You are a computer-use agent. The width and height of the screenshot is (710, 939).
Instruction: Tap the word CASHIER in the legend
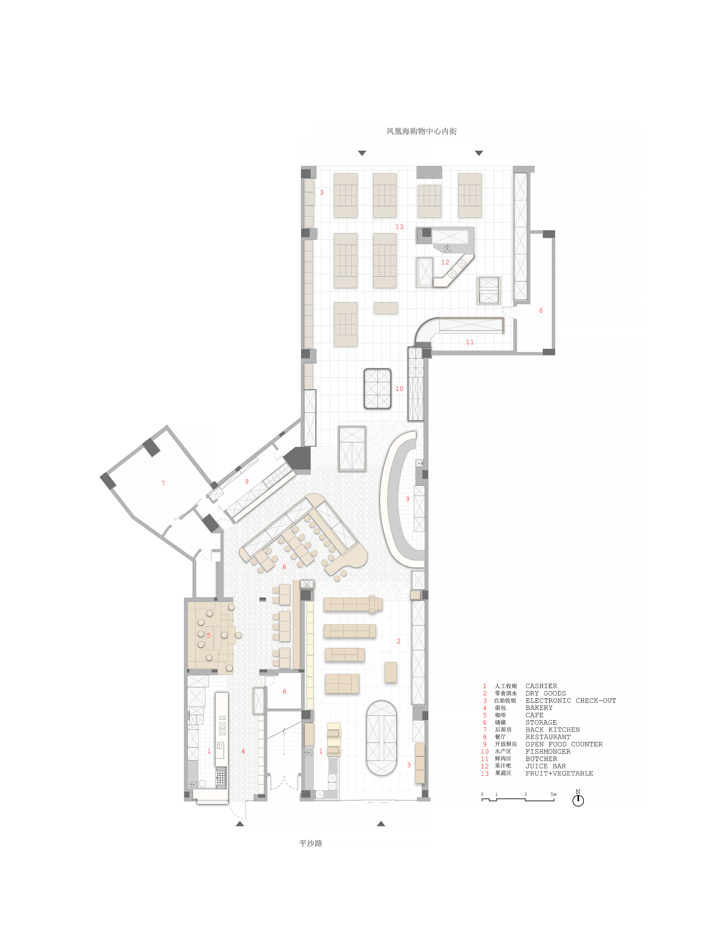pos(541,686)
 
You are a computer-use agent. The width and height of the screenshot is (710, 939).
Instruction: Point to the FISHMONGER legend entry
pos(548,752)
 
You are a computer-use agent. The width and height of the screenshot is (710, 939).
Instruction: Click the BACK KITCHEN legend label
pos(552,730)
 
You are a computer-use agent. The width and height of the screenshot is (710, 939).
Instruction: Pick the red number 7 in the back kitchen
pos(163,483)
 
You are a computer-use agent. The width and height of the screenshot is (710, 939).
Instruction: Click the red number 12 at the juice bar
pos(445,262)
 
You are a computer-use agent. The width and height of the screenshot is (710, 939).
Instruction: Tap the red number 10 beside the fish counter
pos(399,388)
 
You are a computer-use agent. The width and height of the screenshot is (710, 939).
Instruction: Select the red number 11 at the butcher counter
pos(470,342)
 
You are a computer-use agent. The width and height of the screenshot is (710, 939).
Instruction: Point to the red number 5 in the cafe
pos(208,636)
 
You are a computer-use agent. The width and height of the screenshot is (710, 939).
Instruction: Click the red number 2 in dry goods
pos(398,641)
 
